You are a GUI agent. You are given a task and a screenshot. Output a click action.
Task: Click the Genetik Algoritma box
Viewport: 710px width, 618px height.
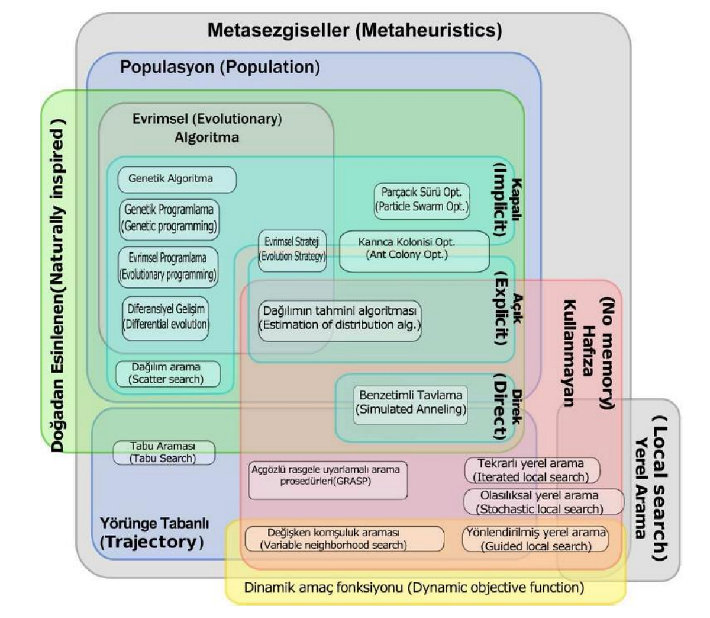(176, 180)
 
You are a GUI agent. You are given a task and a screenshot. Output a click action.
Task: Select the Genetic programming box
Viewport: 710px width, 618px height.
(169, 218)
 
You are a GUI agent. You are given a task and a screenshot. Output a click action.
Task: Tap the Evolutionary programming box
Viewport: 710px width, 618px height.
(168, 267)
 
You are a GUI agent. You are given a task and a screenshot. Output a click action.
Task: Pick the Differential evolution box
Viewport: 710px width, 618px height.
(166, 318)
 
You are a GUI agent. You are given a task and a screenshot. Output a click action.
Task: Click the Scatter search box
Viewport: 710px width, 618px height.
(167, 374)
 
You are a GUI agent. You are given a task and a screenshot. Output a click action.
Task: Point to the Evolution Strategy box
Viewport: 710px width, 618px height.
(292, 250)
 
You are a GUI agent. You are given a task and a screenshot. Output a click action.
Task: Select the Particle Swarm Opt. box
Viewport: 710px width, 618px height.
(421, 200)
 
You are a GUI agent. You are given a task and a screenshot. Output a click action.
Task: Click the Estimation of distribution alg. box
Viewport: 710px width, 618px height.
(340, 319)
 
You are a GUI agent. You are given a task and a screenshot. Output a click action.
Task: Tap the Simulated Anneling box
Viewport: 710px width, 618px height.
(411, 403)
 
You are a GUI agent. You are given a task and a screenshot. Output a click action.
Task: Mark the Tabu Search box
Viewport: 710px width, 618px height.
(163, 453)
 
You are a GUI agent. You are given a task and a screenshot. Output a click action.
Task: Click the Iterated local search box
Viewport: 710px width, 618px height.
(531, 470)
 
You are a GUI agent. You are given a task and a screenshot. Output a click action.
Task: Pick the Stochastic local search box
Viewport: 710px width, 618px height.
(542, 502)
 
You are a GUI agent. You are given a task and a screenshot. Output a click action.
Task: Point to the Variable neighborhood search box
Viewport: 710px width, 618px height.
(344, 539)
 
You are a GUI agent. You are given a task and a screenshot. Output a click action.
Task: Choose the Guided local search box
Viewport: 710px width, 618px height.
(535, 539)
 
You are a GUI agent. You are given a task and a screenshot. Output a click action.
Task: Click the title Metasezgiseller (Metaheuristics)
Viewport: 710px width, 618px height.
(354, 30)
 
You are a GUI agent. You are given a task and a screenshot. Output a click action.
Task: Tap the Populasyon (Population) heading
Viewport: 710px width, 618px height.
(220, 67)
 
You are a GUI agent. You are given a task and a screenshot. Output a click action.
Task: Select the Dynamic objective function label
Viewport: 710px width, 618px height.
(414, 588)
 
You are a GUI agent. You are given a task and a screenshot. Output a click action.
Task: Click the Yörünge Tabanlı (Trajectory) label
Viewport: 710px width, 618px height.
(154, 533)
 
